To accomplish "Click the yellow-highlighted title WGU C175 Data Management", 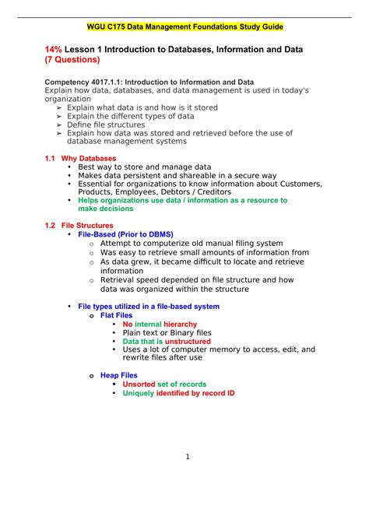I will click(184, 26).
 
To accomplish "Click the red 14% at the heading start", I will click(56, 50).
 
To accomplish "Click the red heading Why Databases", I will click(87, 158).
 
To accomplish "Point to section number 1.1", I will click(51, 158).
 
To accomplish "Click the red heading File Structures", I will click(87, 226).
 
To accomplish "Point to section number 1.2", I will click(51, 226).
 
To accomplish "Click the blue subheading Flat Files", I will click(117, 315).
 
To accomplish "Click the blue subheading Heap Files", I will click(119, 375).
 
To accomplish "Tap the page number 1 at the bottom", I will click(188, 456).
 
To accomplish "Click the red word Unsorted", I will click(139, 384).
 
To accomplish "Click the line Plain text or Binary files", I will click(167, 332).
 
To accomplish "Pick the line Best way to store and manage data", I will click(144, 167).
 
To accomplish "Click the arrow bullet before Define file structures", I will click(59, 125).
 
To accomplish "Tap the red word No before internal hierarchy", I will click(128, 324).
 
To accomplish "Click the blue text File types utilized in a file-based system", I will click(149, 307).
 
